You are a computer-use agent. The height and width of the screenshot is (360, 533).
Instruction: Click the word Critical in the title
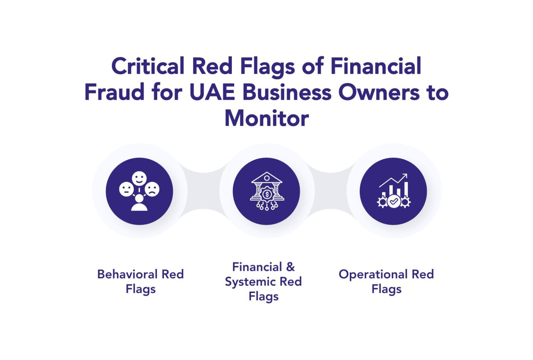(147, 66)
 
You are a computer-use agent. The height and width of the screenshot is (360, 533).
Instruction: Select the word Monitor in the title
(266, 118)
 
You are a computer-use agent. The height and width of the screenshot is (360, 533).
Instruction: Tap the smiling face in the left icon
(139, 178)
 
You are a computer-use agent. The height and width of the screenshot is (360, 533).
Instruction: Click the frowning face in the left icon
(152, 190)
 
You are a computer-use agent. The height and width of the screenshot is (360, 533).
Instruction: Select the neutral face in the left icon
(126, 190)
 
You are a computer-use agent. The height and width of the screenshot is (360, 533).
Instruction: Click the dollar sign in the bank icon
(266, 194)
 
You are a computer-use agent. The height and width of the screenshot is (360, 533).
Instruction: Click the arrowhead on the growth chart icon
(405, 176)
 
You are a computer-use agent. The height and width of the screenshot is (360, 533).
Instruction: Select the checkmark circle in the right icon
(394, 201)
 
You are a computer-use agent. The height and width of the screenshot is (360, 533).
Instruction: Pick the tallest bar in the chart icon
(406, 189)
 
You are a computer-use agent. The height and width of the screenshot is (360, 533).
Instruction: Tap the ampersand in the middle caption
(290, 267)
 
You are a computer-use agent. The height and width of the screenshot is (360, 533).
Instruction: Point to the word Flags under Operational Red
(386, 289)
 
